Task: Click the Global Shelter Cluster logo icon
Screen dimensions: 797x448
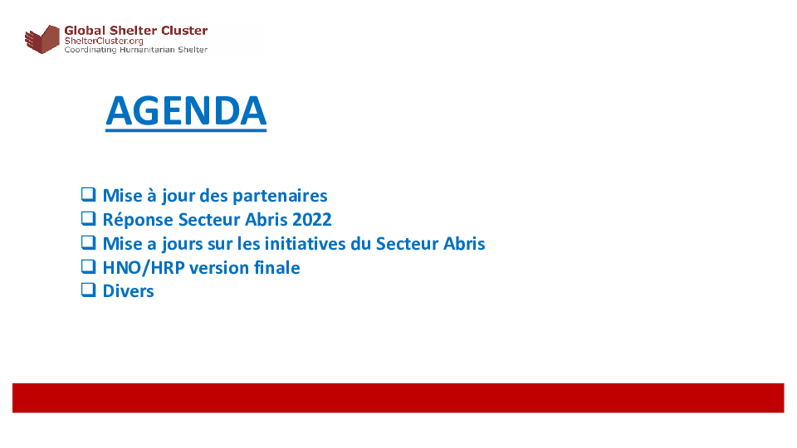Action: pos(42,39)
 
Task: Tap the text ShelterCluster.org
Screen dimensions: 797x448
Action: pos(104,41)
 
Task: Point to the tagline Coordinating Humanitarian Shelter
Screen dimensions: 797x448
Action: pos(135,49)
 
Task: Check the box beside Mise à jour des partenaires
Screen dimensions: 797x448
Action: pos(89,194)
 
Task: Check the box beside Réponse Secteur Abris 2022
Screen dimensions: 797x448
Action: pos(89,218)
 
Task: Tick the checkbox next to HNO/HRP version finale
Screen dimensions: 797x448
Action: pos(89,266)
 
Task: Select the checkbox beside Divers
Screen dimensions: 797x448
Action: pos(89,290)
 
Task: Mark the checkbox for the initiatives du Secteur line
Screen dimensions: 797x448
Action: pos(89,242)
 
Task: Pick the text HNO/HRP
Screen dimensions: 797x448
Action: pos(144,268)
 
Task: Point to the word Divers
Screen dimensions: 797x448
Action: pos(128,291)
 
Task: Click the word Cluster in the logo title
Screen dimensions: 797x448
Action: pos(184,31)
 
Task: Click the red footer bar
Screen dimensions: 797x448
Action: pos(398,397)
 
